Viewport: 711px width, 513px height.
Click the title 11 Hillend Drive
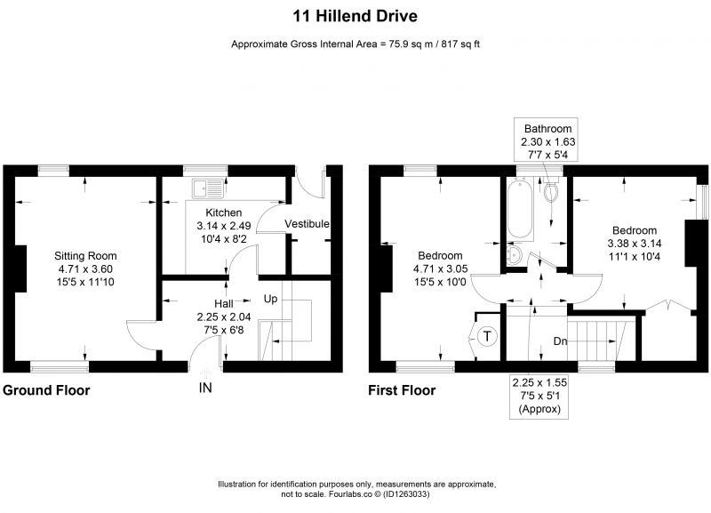[355, 16]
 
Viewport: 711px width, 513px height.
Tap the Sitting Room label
[85, 256]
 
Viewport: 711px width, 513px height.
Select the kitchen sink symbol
[208, 188]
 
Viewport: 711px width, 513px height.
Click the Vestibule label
[307, 224]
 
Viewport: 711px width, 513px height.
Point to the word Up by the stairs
[270, 299]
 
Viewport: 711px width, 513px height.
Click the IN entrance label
[205, 388]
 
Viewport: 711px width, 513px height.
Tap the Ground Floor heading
[46, 390]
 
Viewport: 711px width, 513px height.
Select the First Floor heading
[402, 390]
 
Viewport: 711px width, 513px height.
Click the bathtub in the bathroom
[520, 209]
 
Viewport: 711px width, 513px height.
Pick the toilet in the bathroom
[551, 191]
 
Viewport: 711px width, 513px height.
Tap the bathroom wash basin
[515, 255]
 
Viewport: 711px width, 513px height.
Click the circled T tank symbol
[487, 337]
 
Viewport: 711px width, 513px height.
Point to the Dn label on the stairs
[561, 341]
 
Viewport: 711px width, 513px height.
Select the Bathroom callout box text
[547, 141]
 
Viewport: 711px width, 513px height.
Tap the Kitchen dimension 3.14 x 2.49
[224, 226]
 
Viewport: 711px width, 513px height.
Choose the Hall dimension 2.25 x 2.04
[224, 317]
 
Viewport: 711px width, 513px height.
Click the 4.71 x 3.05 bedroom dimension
[440, 269]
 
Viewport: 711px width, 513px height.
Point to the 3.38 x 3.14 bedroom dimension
[635, 244]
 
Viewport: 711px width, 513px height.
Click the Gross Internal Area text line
[355, 44]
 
